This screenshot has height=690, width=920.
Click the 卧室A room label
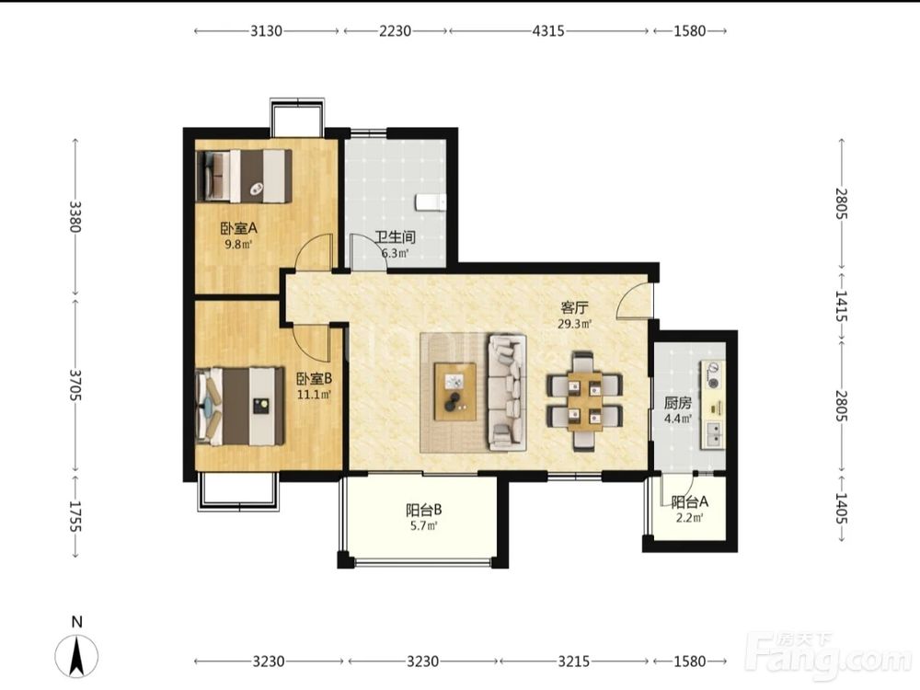click(239, 227)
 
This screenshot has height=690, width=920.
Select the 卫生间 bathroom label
click(396, 237)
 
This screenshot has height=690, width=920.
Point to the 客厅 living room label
click(574, 307)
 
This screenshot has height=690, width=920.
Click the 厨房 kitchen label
click(678, 403)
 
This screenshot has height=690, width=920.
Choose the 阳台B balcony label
click(423, 510)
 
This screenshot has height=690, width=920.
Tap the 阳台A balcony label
click(689, 501)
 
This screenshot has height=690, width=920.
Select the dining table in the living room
click(584, 401)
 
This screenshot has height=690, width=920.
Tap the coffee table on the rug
click(454, 391)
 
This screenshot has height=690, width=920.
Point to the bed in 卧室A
click(244, 176)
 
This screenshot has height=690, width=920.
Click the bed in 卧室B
click(240, 406)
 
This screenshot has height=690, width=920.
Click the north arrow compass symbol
click(76, 655)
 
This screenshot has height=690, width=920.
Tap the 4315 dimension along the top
click(548, 30)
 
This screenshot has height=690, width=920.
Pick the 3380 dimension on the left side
click(75, 216)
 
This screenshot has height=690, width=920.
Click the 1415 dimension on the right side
click(842, 306)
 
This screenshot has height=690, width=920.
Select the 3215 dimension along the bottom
click(573, 661)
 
